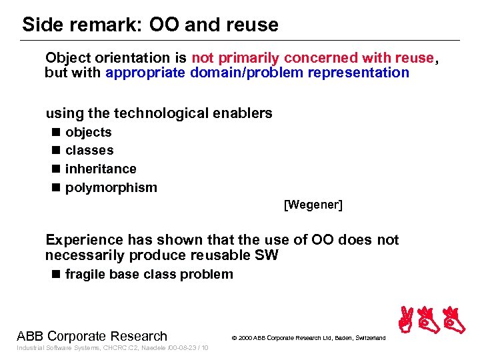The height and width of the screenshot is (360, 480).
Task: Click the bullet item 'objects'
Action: click(88, 133)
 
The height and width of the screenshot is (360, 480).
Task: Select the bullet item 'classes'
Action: click(89, 151)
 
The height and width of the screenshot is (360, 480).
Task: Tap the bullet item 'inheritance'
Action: click(101, 169)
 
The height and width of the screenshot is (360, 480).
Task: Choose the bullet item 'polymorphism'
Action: click(111, 187)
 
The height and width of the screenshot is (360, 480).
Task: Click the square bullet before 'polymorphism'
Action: click(55, 187)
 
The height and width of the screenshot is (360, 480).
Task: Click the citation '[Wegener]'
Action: click(313, 205)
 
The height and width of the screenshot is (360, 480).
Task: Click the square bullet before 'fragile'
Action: click(55, 274)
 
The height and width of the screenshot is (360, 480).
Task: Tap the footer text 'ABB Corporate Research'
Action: click(92, 336)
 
